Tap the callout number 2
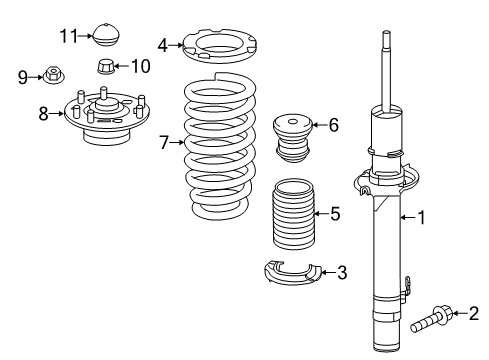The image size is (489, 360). click(x=476, y=315)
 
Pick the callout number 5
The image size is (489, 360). click(x=336, y=213)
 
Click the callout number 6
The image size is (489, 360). click(x=334, y=125)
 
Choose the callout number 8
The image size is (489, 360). click(x=43, y=113)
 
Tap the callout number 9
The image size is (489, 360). click(x=22, y=75)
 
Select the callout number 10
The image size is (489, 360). click(x=140, y=67)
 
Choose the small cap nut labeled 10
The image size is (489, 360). click(x=105, y=68)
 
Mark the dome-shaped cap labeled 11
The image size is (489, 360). click(x=105, y=34)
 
